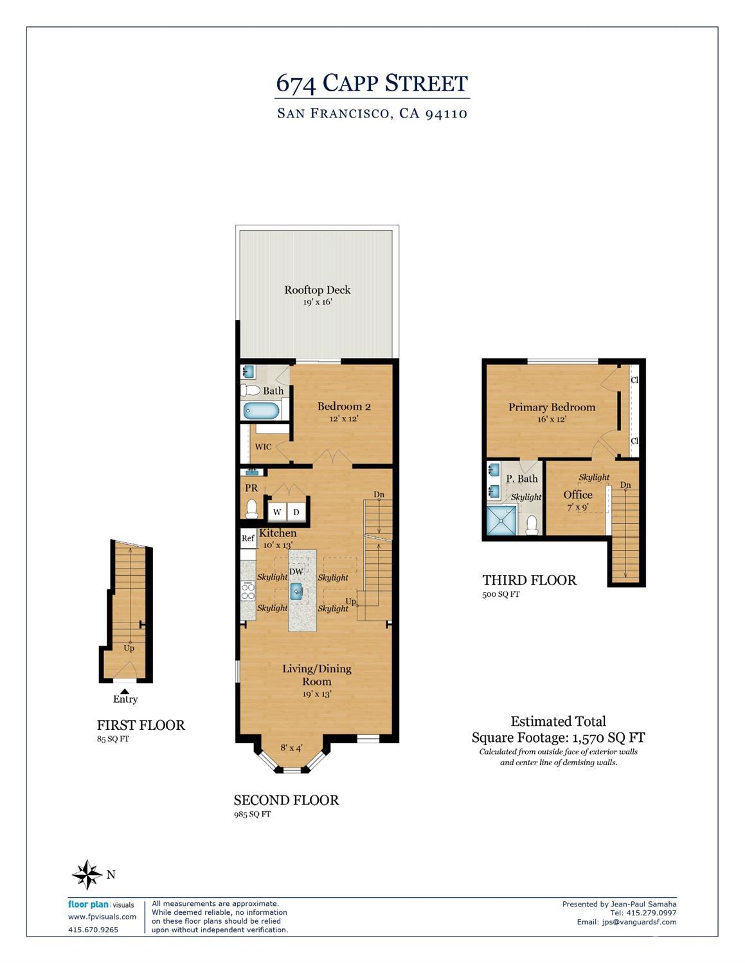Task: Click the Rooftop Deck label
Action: point(318,290)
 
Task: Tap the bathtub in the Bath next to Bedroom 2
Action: point(261,411)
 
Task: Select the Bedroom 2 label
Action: point(344,406)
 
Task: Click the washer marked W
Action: point(277,512)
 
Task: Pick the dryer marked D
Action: point(296,512)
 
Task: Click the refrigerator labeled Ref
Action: point(248,538)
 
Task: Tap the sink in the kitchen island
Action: point(296,591)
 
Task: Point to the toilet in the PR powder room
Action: point(251,509)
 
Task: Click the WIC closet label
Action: point(263,446)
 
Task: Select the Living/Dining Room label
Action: point(317,675)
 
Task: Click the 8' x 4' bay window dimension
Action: point(292,748)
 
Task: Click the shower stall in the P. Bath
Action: point(501,521)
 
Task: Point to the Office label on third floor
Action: point(577,495)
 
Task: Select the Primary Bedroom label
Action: point(552,407)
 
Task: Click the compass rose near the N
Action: point(87,874)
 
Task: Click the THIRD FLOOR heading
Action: point(529,580)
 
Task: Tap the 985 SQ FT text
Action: point(252,814)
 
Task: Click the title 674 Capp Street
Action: point(372,84)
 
